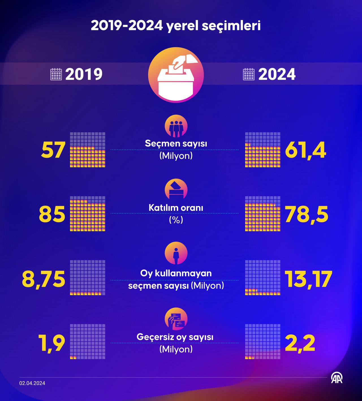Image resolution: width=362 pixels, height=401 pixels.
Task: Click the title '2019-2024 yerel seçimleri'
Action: pos(175,26)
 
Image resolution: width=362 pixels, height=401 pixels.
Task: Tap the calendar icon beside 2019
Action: pos(56,74)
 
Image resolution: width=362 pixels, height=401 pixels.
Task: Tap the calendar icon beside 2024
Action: pos(249,74)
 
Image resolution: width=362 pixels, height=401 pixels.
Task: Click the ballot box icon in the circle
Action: pos(176,75)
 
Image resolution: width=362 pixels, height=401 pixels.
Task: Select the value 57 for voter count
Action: pos(53,150)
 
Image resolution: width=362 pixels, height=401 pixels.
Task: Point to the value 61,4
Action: pos(305,150)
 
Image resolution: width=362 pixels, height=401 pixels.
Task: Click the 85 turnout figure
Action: pos(52,214)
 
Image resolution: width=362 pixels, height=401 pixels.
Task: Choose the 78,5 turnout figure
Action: pos(307,214)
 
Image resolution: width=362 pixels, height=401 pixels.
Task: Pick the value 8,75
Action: pos(44,279)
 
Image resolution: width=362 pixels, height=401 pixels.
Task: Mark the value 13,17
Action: pos(308,279)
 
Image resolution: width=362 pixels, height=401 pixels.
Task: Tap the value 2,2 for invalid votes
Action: pos(300,343)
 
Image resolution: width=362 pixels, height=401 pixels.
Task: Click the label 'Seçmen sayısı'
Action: pos(176,143)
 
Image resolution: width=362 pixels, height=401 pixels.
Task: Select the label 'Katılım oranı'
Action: pos(176,208)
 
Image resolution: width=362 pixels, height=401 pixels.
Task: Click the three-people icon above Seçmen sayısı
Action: pos(176,126)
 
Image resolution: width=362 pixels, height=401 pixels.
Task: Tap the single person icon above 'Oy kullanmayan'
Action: pos(176,253)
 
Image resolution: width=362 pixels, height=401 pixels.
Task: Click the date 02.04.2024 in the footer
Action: pos(32,383)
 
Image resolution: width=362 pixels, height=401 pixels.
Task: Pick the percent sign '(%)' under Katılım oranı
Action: pos(176,220)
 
